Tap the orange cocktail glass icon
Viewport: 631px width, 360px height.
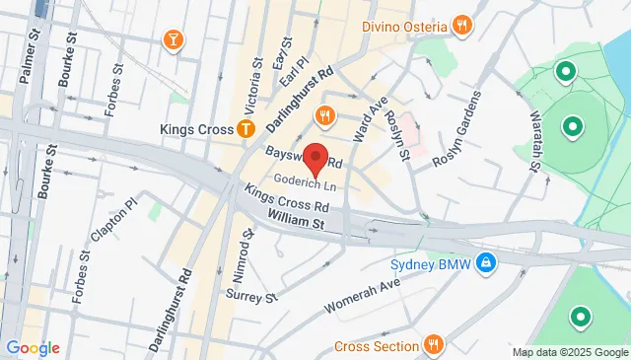pos(174,39)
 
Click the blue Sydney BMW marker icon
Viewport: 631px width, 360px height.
pos(486,262)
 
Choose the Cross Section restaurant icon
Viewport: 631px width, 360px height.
pos(432,345)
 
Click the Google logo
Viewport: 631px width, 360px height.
pos(33,348)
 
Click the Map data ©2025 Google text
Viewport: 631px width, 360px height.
pos(570,352)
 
